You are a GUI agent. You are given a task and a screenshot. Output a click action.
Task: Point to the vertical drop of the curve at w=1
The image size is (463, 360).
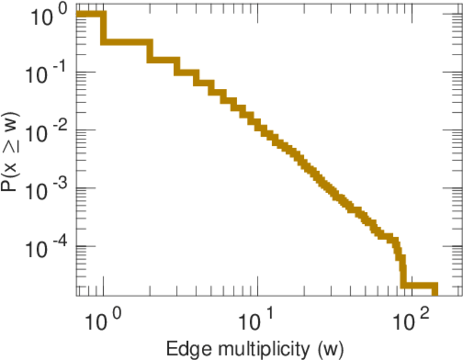coord(103,29)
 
